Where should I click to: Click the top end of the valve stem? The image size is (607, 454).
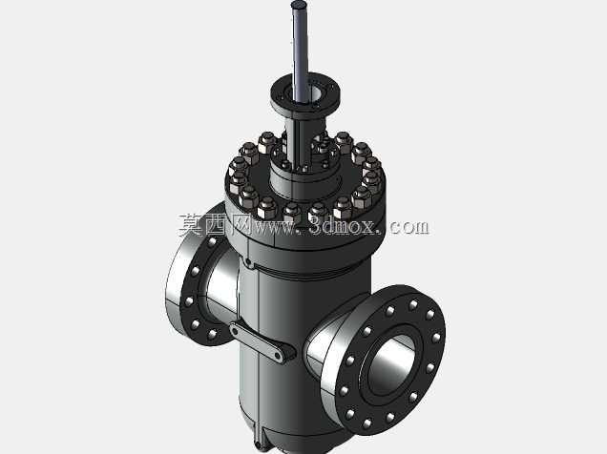300,5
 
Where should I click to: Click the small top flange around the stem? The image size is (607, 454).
305,95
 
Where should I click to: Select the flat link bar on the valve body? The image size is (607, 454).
262,341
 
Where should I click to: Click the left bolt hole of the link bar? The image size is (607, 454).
235,330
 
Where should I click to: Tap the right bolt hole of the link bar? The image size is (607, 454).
278,356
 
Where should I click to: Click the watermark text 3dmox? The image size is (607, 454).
343,226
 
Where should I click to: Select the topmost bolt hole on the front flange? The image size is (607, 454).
413,304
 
